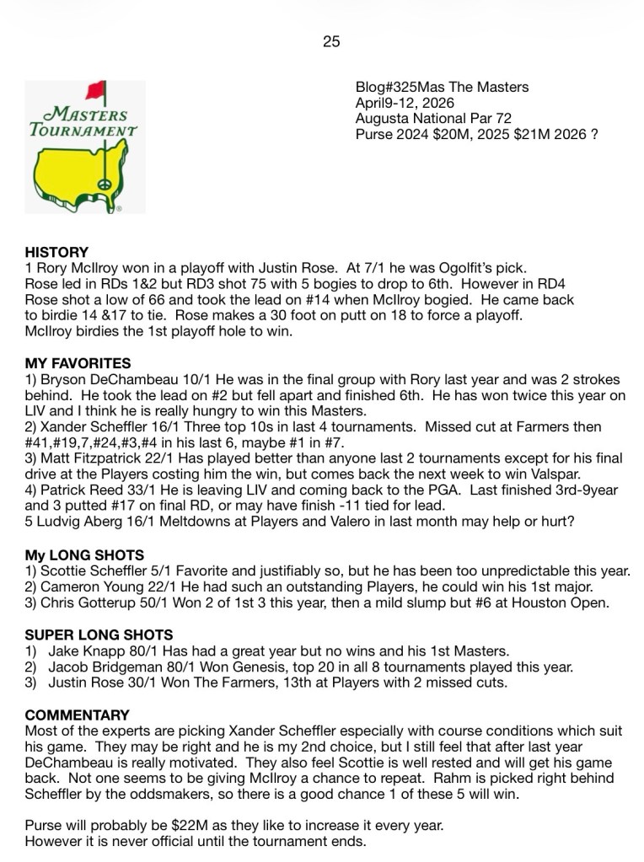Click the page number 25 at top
coord(331,41)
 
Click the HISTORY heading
coord(56,252)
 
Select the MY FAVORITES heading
coord(78,363)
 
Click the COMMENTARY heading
coord(77,715)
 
